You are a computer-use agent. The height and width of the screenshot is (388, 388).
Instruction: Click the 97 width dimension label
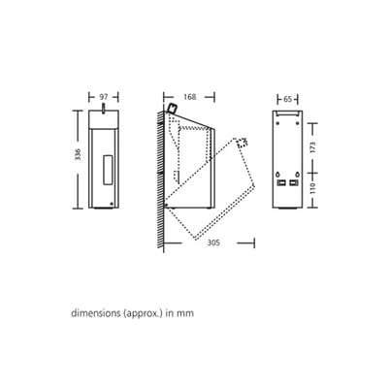click(x=104, y=97)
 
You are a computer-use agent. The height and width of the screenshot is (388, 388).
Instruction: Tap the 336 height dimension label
click(x=78, y=155)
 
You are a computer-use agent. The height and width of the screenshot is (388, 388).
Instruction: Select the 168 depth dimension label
click(x=190, y=97)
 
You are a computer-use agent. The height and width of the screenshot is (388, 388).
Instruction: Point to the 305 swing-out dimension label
click(x=213, y=242)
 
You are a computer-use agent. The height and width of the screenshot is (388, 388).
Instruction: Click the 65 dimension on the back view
click(x=287, y=99)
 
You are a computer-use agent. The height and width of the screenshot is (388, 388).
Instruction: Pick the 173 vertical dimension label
click(x=312, y=147)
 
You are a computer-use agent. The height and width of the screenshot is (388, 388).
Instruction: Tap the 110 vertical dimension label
click(x=312, y=187)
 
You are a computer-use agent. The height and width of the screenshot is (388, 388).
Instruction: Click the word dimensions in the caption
click(x=96, y=313)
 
